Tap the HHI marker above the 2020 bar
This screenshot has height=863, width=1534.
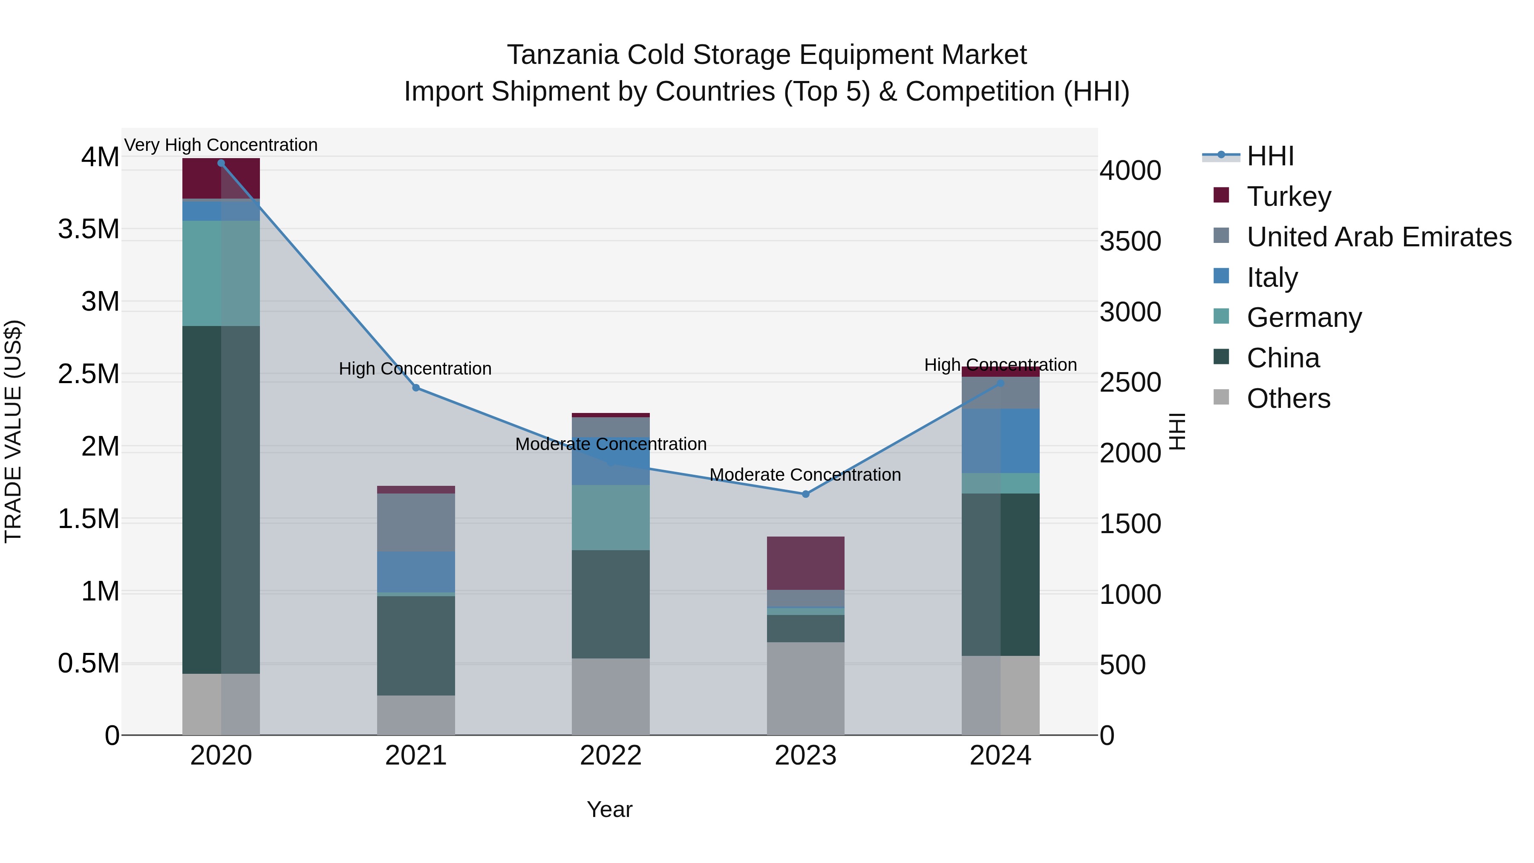(x=221, y=163)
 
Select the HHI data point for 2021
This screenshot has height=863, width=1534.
(x=415, y=388)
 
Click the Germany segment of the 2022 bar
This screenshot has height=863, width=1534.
(x=610, y=517)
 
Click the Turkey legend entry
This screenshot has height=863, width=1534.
(x=1289, y=196)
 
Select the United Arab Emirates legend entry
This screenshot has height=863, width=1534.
(x=1378, y=237)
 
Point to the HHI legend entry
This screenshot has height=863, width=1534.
(x=1270, y=156)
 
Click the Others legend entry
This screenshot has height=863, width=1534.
(x=1288, y=398)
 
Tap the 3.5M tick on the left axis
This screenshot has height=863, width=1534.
(x=89, y=229)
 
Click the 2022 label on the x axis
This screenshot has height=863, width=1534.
(x=610, y=756)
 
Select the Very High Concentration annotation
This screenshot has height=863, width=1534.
(x=221, y=145)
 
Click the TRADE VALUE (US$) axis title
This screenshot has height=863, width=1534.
(x=13, y=431)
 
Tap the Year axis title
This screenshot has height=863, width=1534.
(x=609, y=809)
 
